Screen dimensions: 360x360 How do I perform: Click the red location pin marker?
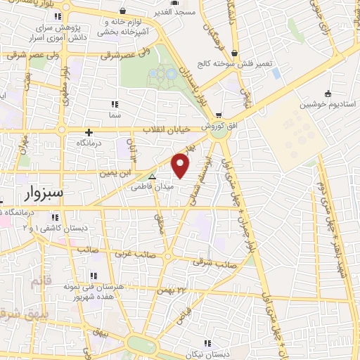(x=181, y=166)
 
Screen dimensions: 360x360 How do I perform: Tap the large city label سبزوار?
(x=42, y=193)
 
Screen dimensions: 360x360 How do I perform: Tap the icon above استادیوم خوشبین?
(x=328, y=93)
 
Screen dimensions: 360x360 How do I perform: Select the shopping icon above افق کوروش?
(x=219, y=115)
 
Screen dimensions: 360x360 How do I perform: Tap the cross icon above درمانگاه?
(x=89, y=131)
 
